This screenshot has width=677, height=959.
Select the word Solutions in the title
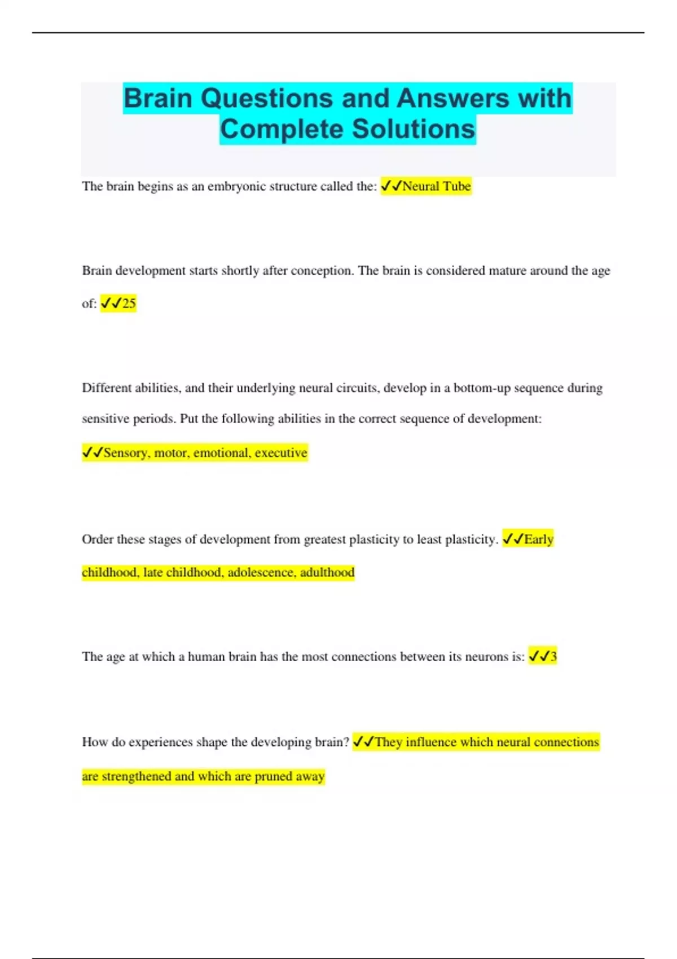[x=414, y=129]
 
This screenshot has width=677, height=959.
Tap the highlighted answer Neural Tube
[x=436, y=186]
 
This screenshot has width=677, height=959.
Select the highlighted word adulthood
[x=327, y=573]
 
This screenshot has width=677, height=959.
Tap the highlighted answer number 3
[x=553, y=657]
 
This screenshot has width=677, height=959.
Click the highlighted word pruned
[x=273, y=777]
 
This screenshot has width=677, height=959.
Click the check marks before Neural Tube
[x=391, y=186]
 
